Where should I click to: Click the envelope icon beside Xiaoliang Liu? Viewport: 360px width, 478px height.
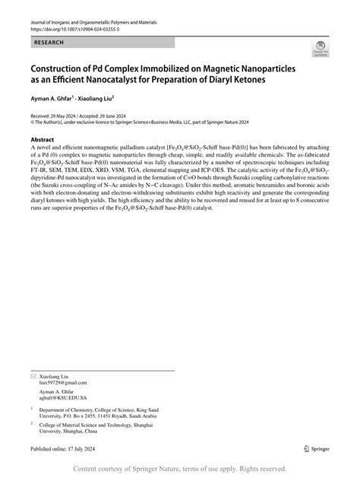[x=33, y=377]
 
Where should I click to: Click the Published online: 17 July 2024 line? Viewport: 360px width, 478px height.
[x=66, y=450]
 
